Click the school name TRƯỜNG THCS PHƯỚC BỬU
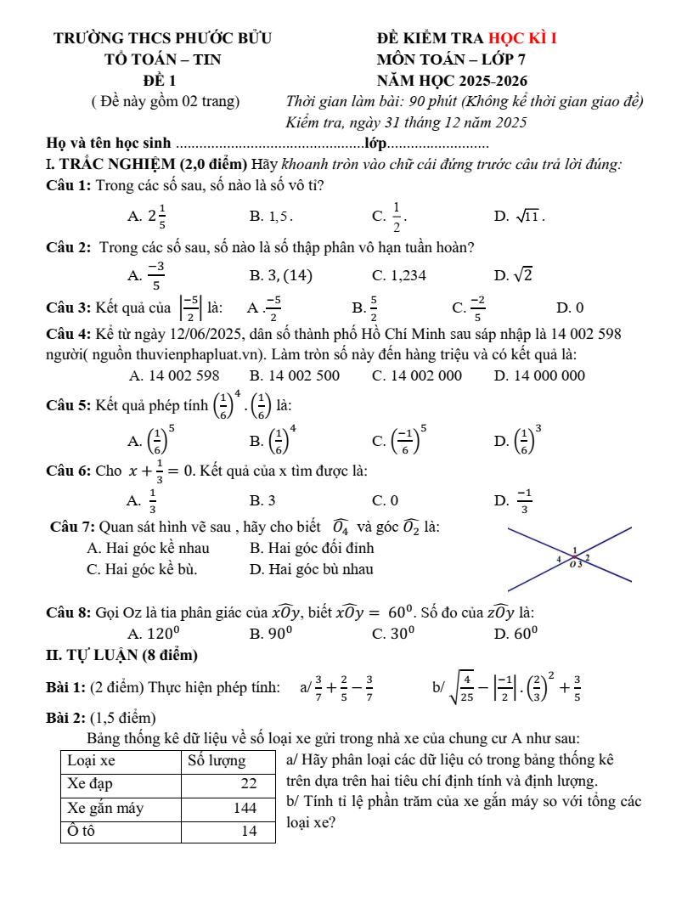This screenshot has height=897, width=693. (x=162, y=37)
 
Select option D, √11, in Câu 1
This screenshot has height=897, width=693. (x=519, y=217)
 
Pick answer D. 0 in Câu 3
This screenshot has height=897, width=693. (x=570, y=307)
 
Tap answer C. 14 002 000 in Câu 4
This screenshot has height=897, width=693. (x=417, y=375)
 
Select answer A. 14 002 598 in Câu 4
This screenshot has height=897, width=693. (x=174, y=375)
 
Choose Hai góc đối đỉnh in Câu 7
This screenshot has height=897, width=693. (x=312, y=548)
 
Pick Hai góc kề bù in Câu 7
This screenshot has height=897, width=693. (x=148, y=569)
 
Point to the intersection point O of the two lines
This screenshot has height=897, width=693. (x=575, y=559)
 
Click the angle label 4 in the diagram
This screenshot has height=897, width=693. (x=558, y=561)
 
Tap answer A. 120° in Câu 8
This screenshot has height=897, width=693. (x=153, y=633)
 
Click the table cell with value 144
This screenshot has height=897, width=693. (x=245, y=808)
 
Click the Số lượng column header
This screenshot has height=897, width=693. (x=217, y=760)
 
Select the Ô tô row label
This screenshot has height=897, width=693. (x=81, y=831)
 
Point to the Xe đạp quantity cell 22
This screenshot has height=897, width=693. (x=249, y=783)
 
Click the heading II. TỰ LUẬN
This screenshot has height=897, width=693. (x=122, y=655)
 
